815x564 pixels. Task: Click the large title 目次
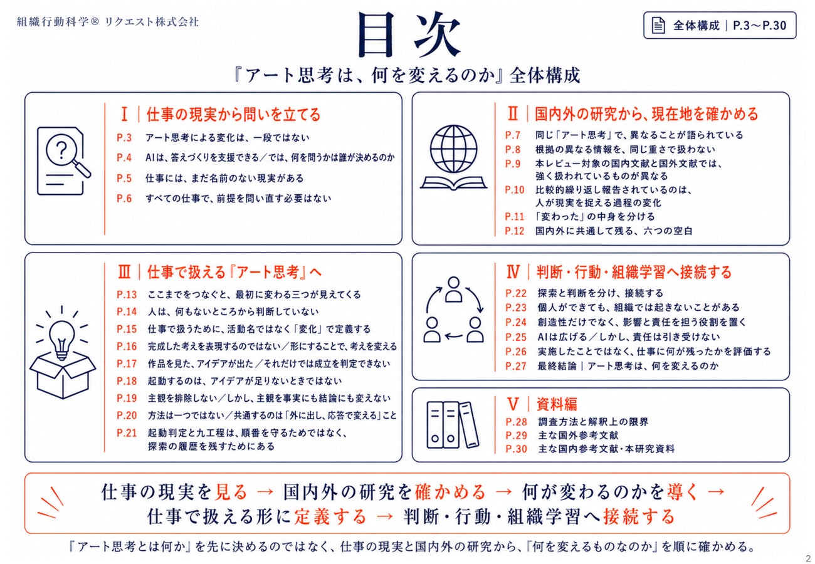(x=409, y=34)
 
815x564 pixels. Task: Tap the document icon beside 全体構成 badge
(x=658, y=26)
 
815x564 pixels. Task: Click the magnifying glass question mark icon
(x=64, y=160)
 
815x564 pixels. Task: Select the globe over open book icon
(x=453, y=157)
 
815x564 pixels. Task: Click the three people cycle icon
(x=454, y=310)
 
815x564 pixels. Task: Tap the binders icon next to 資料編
(x=453, y=425)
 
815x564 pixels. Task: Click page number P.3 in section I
(x=124, y=138)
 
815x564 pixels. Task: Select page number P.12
(x=515, y=231)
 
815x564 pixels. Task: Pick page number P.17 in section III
(x=127, y=363)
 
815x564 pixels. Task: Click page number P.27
(x=516, y=366)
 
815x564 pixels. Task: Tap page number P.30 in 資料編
(x=517, y=449)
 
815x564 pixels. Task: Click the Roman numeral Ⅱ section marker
(x=512, y=114)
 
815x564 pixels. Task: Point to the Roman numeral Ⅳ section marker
(x=513, y=271)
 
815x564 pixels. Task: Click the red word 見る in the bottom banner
(x=231, y=492)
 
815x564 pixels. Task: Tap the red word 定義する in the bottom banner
(x=330, y=517)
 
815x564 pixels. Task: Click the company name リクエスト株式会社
(x=152, y=22)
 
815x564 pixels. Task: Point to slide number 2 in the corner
(x=808, y=558)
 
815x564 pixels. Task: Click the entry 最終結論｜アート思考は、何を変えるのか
(x=628, y=366)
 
